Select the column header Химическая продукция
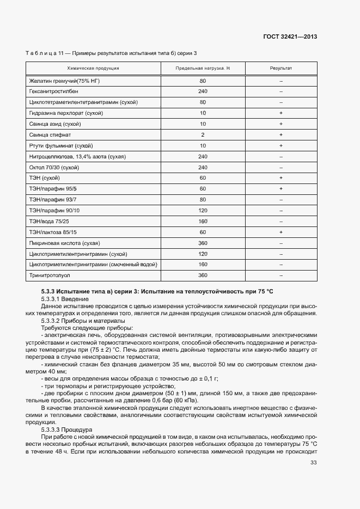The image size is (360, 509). click(93, 69)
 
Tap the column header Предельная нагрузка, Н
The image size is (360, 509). click(203, 69)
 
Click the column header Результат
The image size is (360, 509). click(281, 69)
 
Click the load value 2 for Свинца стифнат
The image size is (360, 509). click(203, 134)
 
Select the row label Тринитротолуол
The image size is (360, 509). click(47, 275)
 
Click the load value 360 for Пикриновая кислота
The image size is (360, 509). click(203, 243)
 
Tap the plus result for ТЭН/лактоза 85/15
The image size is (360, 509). click(281, 232)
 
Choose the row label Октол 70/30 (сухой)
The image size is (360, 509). click(54, 167)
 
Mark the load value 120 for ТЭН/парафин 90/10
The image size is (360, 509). click(203, 210)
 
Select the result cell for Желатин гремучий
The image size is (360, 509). click(281, 81)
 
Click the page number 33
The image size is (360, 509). click(313, 463)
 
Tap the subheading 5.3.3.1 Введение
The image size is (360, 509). click(64, 299)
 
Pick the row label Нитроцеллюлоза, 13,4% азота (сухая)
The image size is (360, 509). click(77, 156)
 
